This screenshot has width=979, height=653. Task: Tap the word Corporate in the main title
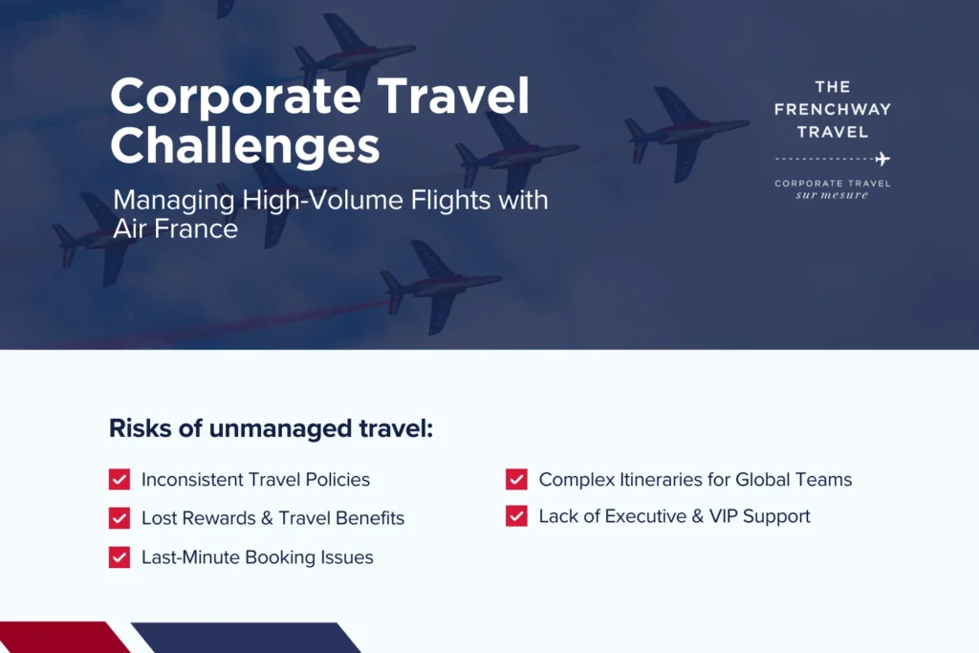click(235, 97)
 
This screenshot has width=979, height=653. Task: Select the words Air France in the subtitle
click(176, 229)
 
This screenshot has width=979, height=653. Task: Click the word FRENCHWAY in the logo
click(833, 109)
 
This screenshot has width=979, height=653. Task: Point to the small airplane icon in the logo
click(882, 160)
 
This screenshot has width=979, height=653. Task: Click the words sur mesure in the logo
click(832, 195)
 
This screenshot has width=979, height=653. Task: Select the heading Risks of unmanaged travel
click(271, 429)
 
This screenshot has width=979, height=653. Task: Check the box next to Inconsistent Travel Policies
click(120, 479)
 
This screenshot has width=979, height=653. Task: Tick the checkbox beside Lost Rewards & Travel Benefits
click(120, 518)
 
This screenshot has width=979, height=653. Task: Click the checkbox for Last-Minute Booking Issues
click(120, 556)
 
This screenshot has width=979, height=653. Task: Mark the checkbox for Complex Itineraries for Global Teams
click(516, 479)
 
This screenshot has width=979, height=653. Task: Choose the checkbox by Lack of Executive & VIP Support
click(516, 515)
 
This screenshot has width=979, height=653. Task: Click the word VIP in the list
click(724, 516)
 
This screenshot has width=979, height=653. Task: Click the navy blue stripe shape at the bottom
click(247, 638)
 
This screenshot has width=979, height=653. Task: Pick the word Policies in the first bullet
click(337, 479)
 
